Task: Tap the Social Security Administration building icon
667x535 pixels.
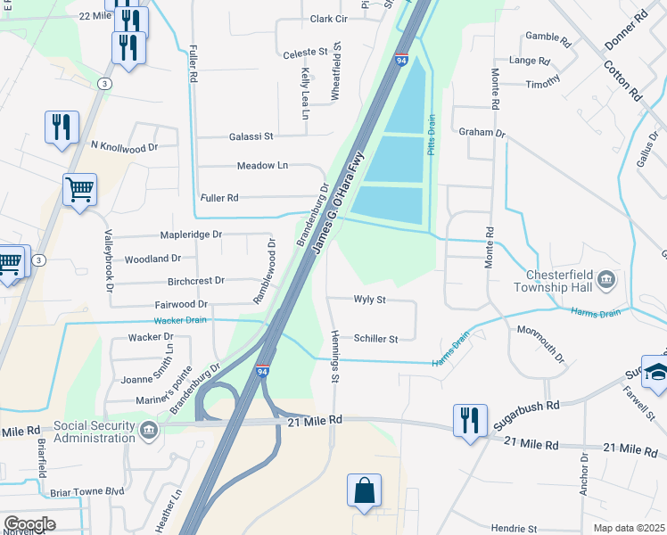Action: pos(149,431)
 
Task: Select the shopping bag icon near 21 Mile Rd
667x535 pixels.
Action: pos(364,491)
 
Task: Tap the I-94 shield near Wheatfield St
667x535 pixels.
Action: pos(401,61)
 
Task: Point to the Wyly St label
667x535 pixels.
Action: pos(369,300)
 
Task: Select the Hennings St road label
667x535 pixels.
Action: pos(335,356)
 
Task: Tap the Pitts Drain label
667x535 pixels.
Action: pos(431,134)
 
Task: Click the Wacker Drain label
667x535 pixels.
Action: pos(181,320)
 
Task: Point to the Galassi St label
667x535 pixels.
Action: pos(251,136)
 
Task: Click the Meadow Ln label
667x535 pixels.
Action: pos(262,166)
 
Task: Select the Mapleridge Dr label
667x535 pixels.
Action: pos(191,235)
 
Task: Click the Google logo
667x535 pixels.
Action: pos(29,524)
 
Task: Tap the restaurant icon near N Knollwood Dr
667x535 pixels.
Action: pos(61,127)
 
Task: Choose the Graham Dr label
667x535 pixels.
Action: pos(482,133)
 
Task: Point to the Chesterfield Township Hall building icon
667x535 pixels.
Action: pos(605,282)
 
